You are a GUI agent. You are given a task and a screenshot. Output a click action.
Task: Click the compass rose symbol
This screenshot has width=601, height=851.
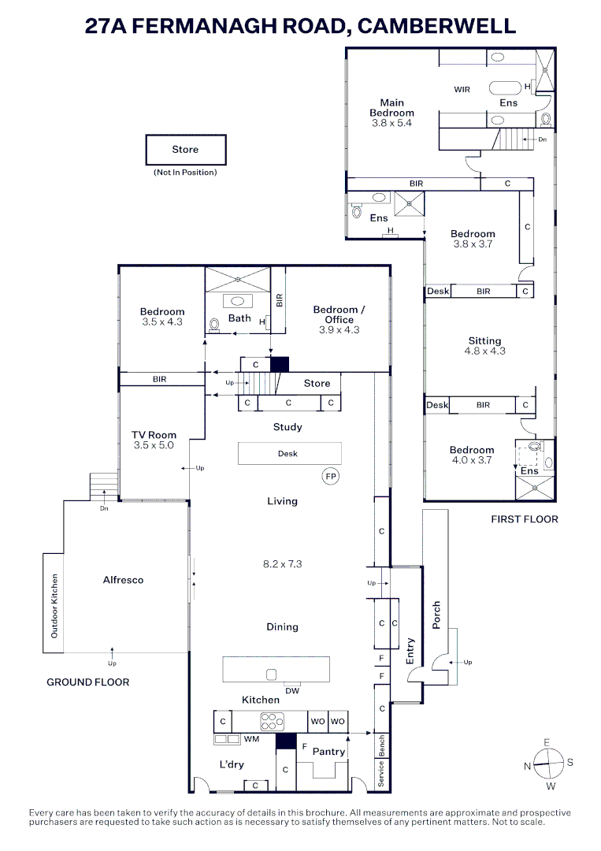coord(548,762)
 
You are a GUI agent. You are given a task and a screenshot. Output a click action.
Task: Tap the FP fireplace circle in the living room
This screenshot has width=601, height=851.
coord(330,476)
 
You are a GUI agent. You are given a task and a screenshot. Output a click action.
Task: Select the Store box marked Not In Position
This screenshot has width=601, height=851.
coord(185,150)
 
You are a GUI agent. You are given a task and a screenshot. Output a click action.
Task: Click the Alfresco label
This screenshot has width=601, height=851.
coord(124,580)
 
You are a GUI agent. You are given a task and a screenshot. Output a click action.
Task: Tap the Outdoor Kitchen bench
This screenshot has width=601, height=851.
coord(54,603)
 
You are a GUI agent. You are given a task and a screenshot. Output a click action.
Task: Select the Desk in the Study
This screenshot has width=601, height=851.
coord(289,453)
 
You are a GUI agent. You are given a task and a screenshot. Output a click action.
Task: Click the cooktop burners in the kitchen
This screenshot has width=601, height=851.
coord(273,721)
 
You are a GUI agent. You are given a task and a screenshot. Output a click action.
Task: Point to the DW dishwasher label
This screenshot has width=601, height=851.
coord(291,691)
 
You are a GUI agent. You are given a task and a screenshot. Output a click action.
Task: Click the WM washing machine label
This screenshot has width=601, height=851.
coord(251,739)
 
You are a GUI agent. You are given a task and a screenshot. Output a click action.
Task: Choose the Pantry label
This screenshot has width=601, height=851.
coord(328,752)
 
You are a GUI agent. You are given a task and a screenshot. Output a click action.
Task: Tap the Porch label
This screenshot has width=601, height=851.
coord(436,615)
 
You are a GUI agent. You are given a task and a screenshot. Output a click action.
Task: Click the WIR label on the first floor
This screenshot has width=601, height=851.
coord(462,90)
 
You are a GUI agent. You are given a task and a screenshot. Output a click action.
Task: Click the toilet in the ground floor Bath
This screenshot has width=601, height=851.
coord(214,324)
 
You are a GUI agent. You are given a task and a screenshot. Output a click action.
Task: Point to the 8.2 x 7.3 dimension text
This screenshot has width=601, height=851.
coord(282,564)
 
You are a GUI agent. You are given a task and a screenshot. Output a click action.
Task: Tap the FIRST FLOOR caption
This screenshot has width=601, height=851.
coord(524,519)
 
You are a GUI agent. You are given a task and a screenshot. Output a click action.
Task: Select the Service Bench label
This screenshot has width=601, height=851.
coord(381,760)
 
